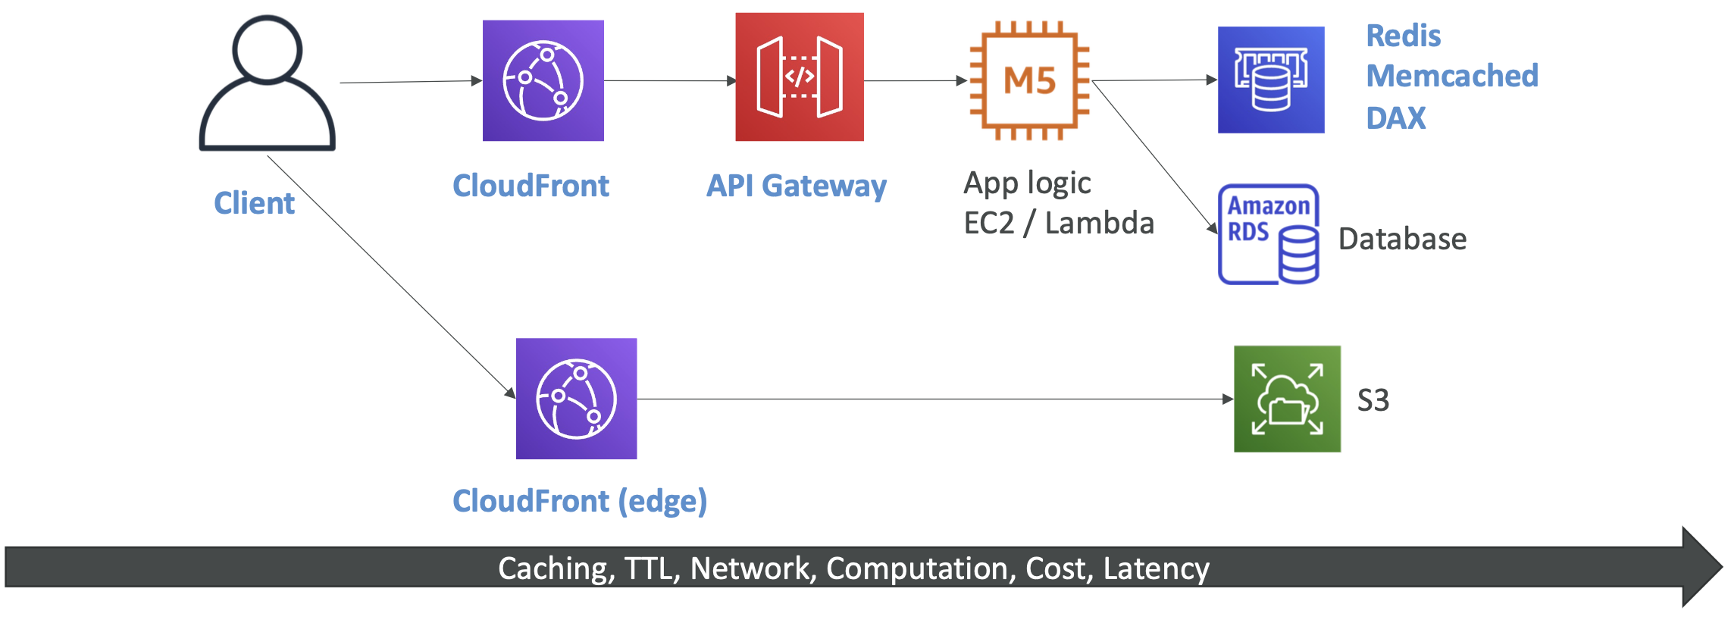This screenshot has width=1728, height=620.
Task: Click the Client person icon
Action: point(267,83)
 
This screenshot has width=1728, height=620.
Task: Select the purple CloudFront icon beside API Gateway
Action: point(543,80)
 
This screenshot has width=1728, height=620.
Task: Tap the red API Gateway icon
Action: point(799,77)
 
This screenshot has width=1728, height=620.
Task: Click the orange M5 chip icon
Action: point(1029,80)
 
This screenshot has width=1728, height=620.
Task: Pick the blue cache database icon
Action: point(1270,80)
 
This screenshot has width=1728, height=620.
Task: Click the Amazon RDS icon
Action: point(1269,234)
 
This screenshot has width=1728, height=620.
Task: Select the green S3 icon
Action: point(1286,399)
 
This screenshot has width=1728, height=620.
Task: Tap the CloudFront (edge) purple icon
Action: point(576,399)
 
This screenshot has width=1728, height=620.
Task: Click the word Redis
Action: point(1403,36)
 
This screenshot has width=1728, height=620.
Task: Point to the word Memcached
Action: point(1451,76)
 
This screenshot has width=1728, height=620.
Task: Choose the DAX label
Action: point(1395,118)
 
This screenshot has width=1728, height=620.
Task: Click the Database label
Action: point(1402,239)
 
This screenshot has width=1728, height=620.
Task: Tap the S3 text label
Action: point(1373,400)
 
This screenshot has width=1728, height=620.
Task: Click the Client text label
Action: point(254,203)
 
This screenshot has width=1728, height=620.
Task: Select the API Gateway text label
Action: point(796,186)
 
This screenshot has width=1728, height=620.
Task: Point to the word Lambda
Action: point(1099,224)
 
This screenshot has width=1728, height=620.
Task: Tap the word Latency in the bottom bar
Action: point(1156,568)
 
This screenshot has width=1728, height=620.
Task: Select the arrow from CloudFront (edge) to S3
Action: point(932,399)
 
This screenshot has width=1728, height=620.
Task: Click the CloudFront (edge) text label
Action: point(580,501)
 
